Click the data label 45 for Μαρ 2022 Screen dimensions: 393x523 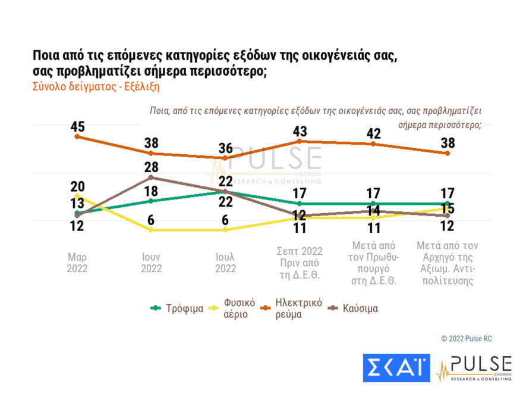click(77, 126)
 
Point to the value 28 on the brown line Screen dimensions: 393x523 click(151, 167)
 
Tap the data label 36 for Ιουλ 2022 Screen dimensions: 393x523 click(225, 148)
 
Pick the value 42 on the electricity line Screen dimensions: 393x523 click(373, 133)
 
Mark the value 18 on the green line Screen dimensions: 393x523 click(151, 191)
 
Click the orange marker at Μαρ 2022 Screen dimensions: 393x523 click(77, 137)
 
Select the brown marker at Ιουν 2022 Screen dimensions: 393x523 click(151, 177)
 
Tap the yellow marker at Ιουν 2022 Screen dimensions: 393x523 click(151, 229)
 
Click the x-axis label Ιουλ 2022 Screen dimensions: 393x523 click(225, 263)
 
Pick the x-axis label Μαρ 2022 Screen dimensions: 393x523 click(77, 263)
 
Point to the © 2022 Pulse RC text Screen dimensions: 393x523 click(467, 338)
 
